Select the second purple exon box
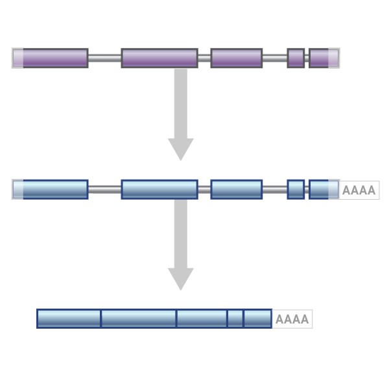159,58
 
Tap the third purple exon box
236,58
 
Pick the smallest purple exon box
296,58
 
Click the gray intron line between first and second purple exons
104,58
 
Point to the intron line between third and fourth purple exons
275,58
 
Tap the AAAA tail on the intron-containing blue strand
359,190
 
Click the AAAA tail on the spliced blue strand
292,319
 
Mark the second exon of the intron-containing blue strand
159,189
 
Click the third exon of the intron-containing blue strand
236,189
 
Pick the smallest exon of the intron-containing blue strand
296,189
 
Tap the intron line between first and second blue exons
104,189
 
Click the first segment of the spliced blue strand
69,318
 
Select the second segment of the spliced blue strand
139,318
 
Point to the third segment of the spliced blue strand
202,318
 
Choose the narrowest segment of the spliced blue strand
235,318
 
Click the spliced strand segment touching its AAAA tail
257,318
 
